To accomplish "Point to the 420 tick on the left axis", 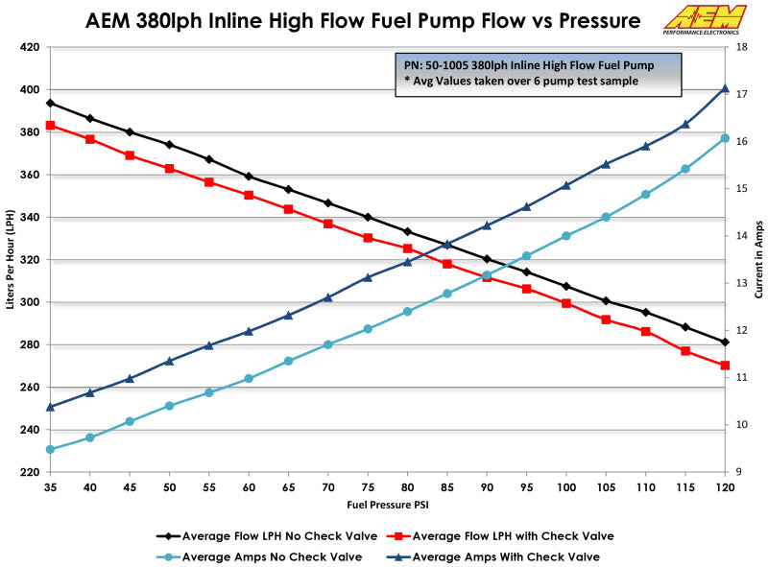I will click(31, 47).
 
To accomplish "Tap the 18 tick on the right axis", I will click(741, 47).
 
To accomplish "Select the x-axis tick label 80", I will click(407, 487).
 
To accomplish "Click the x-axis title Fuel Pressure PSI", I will click(387, 504).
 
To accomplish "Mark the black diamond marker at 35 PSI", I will click(50, 103).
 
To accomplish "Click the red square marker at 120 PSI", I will click(725, 366).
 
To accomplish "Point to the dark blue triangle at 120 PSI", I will click(725, 88).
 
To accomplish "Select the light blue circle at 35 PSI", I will click(50, 449).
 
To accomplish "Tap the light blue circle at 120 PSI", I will click(725, 138).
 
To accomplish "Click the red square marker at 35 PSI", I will click(50, 125).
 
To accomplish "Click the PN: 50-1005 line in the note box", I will click(528, 65).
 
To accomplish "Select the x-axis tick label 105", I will click(606, 487).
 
